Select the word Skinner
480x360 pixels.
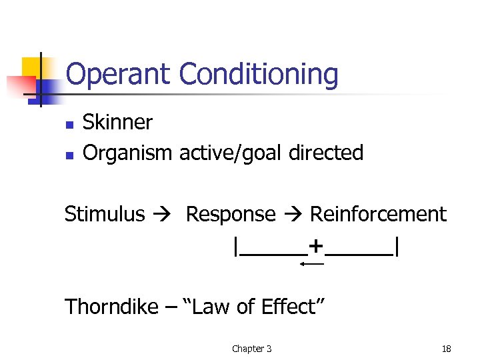pos(117,123)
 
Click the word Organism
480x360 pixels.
pos(127,153)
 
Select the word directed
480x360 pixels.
pos(326,153)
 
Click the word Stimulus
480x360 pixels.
pos(105,214)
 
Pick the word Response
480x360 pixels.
pos(230,214)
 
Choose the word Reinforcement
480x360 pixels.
pos(378,214)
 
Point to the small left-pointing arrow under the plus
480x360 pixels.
pos(311,265)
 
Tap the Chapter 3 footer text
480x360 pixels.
pos(251,349)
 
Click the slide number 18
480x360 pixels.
pos(446,349)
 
